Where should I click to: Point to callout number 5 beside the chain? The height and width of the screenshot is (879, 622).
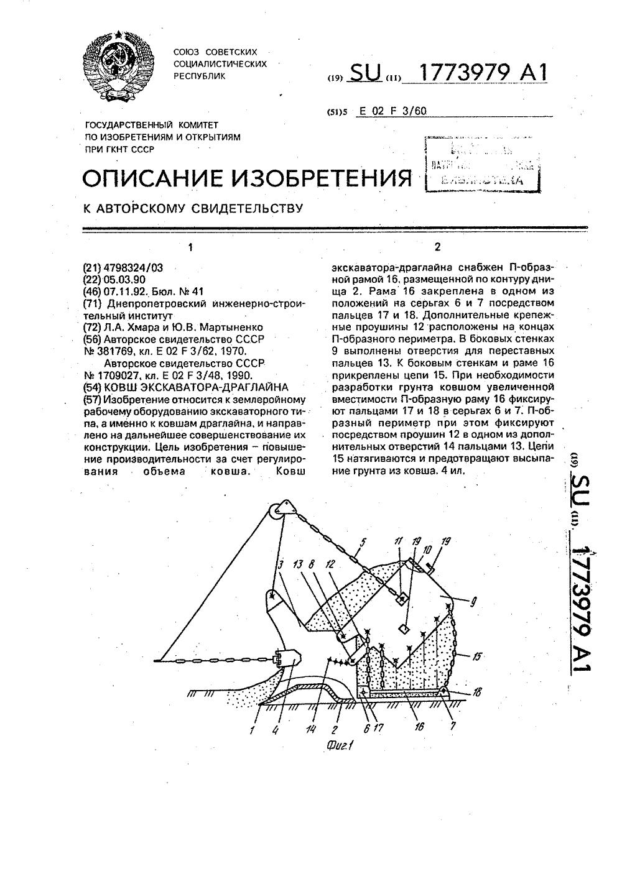click(364, 541)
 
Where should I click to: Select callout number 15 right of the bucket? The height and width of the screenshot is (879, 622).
click(478, 655)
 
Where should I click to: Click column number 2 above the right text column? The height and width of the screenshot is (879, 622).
click(437, 247)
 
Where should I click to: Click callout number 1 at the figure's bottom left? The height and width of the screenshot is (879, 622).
click(252, 730)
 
